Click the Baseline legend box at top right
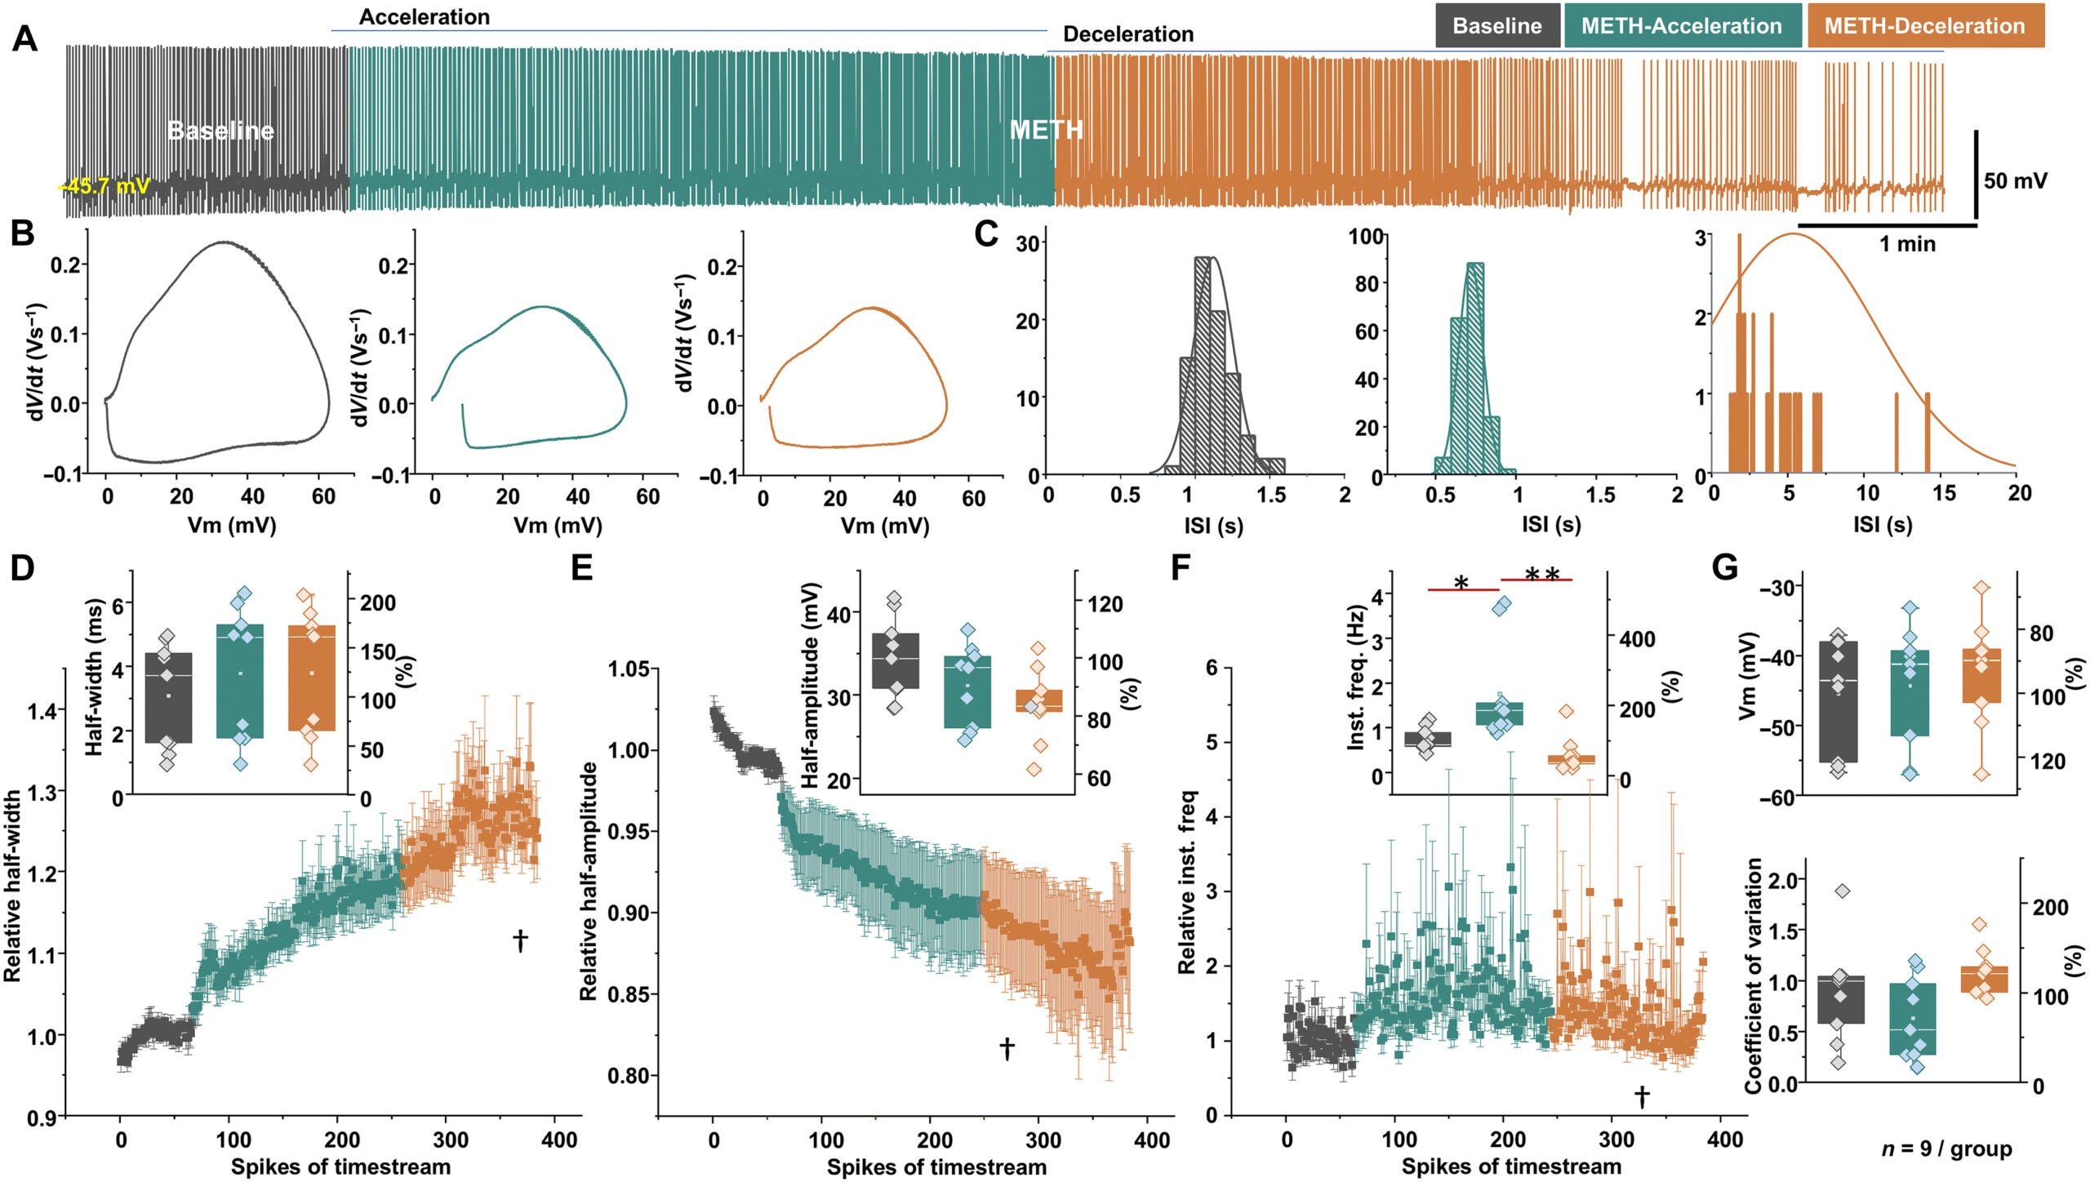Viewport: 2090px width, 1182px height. click(1497, 25)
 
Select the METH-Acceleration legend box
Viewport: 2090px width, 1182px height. click(1681, 25)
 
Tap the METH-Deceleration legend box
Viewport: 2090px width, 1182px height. click(1924, 25)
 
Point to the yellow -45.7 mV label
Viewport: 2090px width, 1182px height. click(104, 186)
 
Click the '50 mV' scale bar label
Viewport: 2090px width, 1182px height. click(2015, 180)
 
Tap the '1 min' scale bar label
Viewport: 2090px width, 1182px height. click(1907, 243)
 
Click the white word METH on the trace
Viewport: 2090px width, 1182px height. click(1046, 130)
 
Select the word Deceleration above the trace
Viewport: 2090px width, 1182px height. click(1127, 34)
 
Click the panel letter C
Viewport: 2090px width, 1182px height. click(986, 235)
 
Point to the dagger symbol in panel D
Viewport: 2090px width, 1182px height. click(520, 940)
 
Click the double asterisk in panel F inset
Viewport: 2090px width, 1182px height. click(1541, 577)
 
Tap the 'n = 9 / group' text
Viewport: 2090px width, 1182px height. click(1946, 1149)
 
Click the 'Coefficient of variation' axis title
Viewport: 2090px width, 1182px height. click(1752, 975)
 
